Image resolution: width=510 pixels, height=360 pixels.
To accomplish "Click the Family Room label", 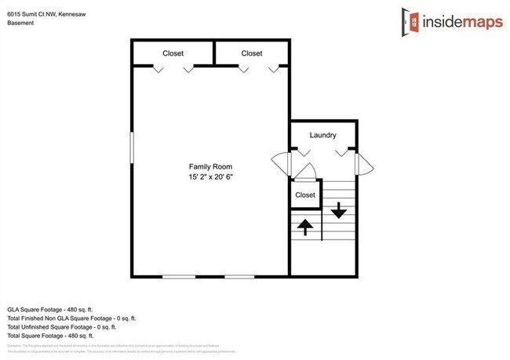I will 210,166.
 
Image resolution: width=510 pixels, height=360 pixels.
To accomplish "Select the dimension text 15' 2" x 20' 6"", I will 210,177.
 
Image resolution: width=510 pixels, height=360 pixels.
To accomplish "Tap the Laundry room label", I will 322,136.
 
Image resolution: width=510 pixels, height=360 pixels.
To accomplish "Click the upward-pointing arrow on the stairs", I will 304,227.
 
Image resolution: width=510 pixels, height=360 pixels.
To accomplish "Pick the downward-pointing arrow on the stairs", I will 337,209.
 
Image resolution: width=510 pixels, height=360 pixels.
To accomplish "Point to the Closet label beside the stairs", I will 304,195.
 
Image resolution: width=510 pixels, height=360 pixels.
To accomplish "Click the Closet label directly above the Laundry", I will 251,53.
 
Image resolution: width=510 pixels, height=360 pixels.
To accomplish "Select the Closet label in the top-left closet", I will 173,53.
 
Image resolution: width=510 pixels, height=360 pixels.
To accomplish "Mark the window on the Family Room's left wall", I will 132,148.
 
